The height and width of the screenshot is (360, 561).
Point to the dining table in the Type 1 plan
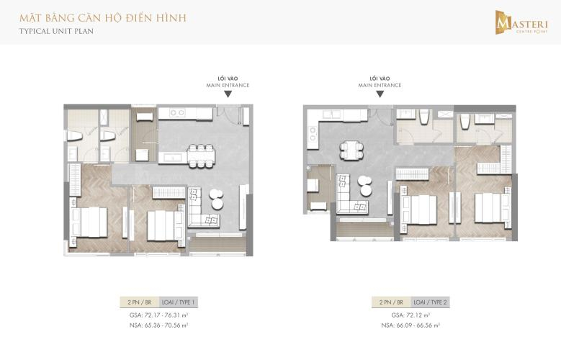(x=200, y=153)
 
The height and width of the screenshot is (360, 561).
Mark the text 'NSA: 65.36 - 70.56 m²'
(x=158, y=325)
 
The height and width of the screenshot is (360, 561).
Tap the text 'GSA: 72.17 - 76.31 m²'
(x=158, y=315)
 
